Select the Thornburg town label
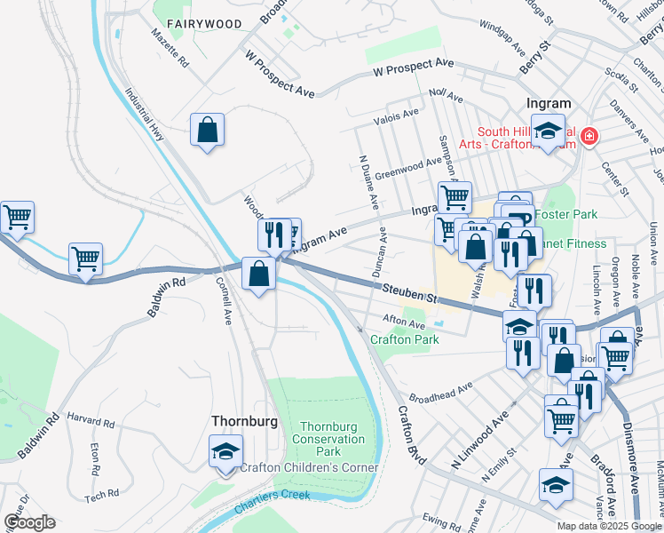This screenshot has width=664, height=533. tap(244, 420)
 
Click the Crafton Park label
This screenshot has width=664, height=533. tap(404, 339)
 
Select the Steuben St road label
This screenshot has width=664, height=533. tap(411, 291)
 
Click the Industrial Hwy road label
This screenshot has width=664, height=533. tap(145, 115)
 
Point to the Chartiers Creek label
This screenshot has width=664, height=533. tap(273, 501)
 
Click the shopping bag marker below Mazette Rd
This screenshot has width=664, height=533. tap(207, 131)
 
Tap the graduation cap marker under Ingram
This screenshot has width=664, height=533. tap(548, 130)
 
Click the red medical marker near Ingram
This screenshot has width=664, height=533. tap(589, 137)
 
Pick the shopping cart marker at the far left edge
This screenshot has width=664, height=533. tap(16, 217)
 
